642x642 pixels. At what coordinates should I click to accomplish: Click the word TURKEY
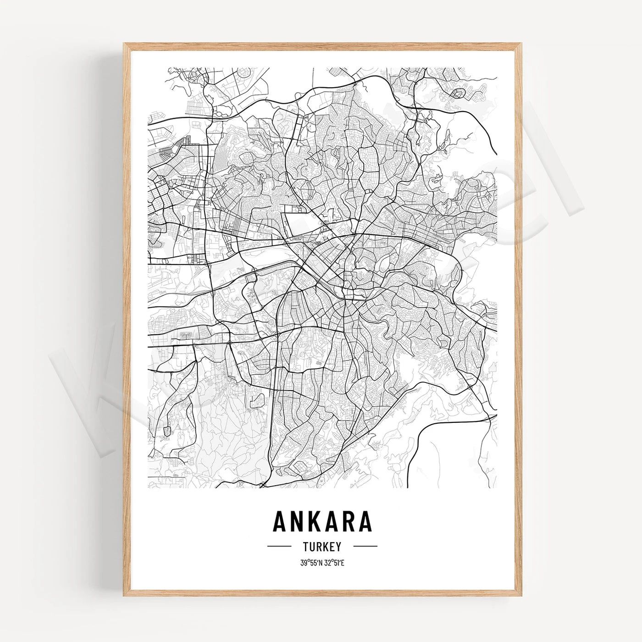[x=322, y=547]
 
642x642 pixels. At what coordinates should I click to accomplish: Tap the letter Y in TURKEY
[x=338, y=547]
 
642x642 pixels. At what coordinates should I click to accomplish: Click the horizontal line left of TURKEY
[x=279, y=547]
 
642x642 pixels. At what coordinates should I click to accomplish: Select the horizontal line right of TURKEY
[x=365, y=547]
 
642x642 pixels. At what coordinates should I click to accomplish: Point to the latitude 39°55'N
[x=311, y=563]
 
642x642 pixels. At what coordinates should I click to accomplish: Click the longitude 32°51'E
[x=334, y=563]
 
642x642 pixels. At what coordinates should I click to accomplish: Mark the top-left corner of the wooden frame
[x=124, y=44]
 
